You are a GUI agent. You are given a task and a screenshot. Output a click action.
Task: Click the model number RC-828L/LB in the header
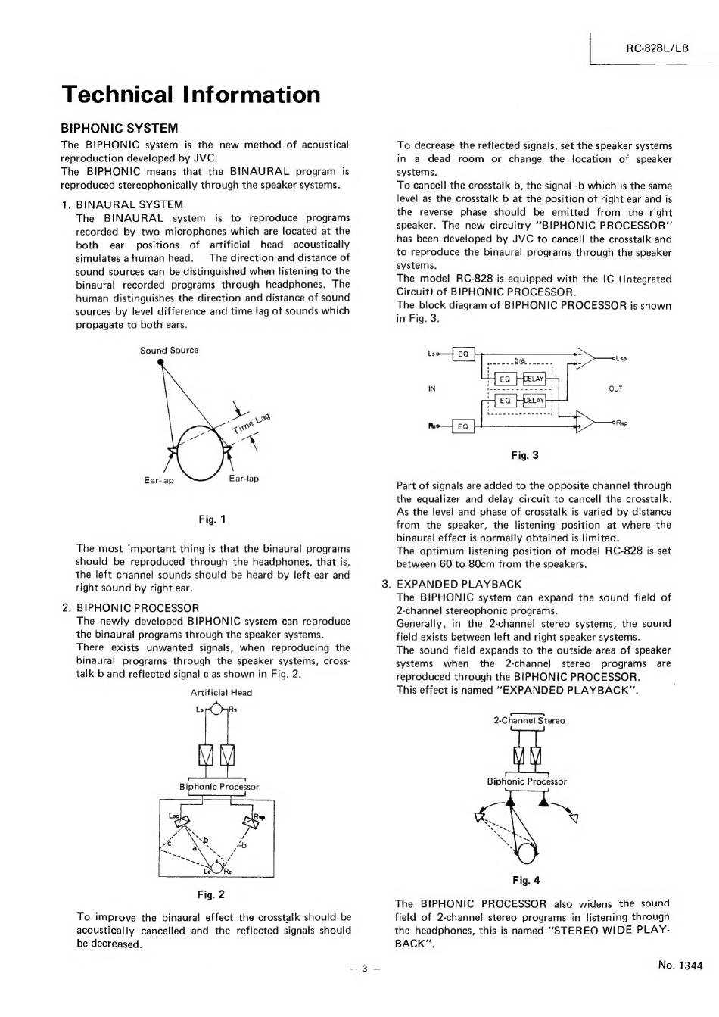tap(657, 48)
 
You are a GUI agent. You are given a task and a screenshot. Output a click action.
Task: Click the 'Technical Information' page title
tap(191, 95)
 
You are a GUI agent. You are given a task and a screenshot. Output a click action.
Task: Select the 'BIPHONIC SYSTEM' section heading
tap(119, 128)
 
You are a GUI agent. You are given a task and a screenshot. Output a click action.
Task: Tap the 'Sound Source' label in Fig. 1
tap(169, 350)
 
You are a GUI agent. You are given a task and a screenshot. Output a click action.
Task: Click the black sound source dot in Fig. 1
tap(160, 362)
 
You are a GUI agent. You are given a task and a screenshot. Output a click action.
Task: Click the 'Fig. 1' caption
tap(212, 519)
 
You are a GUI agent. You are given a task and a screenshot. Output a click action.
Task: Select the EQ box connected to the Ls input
tap(463, 354)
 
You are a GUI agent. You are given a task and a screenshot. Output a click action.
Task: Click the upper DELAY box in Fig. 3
tap(534, 378)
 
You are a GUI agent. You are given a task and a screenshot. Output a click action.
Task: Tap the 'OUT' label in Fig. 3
tap(615, 388)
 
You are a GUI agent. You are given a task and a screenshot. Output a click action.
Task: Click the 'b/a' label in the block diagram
tap(521, 360)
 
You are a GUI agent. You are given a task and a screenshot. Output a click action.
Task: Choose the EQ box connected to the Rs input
tap(463, 427)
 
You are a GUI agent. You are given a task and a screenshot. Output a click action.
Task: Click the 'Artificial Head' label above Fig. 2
tap(221, 692)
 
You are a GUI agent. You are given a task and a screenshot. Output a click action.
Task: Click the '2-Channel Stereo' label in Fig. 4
tap(529, 721)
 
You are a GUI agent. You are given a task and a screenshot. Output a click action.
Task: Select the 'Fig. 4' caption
tap(526, 880)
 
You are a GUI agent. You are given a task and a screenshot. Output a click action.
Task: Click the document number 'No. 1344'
tap(680, 965)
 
